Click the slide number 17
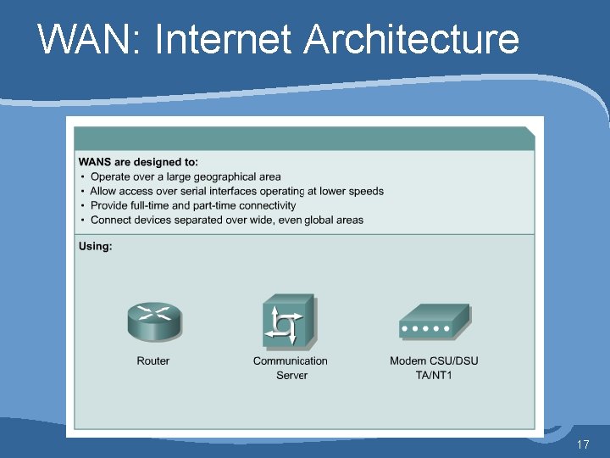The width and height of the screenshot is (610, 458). tap(582, 444)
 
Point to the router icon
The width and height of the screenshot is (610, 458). tap(154, 320)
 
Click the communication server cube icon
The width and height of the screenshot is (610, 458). tap(289, 320)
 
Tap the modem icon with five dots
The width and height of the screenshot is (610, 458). tap(434, 322)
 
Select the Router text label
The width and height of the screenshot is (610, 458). tap(153, 360)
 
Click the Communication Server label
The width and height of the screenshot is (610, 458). tap(291, 367)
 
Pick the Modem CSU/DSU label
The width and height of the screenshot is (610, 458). tap(434, 360)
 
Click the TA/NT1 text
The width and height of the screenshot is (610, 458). tap(434, 375)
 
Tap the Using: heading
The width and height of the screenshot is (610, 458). tap(95, 247)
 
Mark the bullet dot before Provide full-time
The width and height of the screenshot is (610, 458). tap(82, 205)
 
